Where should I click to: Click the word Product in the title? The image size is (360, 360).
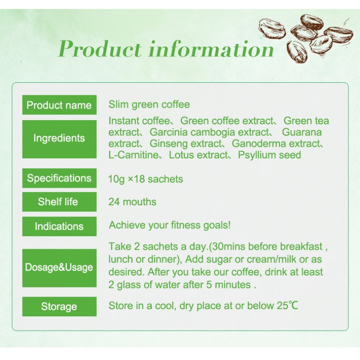(x=100, y=49)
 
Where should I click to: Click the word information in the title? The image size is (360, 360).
(x=211, y=49)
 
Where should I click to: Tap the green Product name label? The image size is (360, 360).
(x=59, y=105)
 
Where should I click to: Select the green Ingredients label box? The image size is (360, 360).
(x=59, y=138)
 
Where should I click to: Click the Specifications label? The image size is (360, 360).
(x=59, y=178)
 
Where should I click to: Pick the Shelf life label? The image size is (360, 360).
(x=59, y=202)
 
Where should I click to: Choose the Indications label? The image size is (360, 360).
(x=59, y=226)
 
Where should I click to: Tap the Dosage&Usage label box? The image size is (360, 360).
(x=59, y=267)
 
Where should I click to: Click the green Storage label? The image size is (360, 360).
(x=59, y=306)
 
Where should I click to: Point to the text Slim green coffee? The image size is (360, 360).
(x=149, y=105)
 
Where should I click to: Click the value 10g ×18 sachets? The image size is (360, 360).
(x=145, y=179)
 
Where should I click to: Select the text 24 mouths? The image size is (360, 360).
(x=132, y=202)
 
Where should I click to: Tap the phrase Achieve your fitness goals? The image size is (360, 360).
(x=170, y=225)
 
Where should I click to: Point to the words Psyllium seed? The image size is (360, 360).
(x=270, y=155)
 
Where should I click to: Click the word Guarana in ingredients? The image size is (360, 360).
(x=302, y=132)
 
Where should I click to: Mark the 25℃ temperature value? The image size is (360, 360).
(x=287, y=306)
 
